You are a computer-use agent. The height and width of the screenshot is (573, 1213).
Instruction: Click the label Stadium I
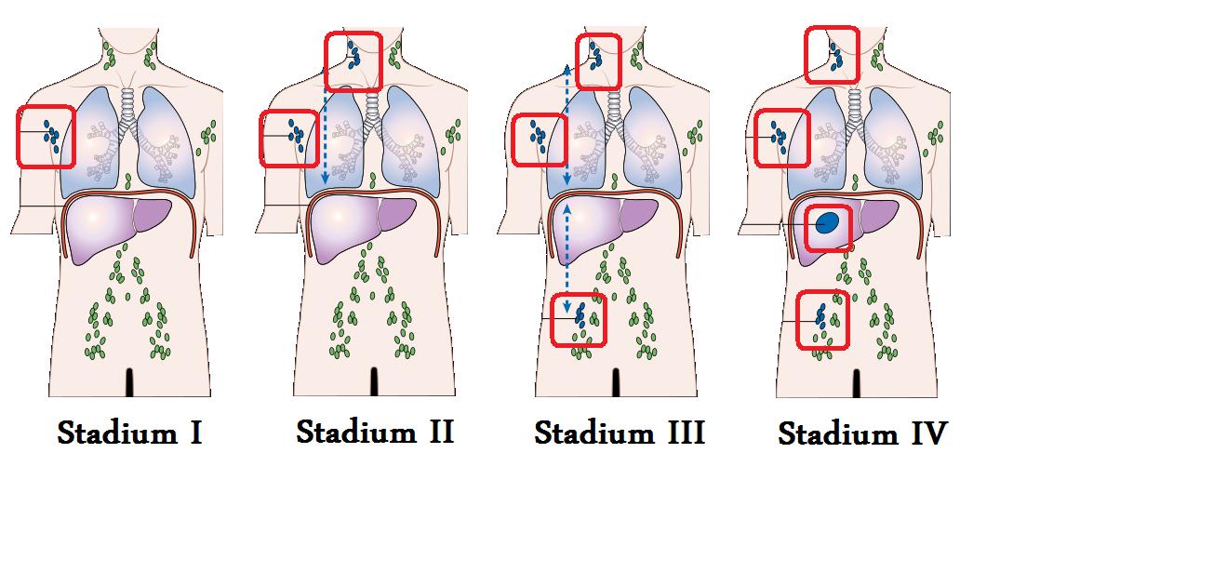click(130, 433)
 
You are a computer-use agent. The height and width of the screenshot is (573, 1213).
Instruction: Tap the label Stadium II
click(375, 432)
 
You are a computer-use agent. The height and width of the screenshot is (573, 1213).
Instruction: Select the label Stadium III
click(620, 433)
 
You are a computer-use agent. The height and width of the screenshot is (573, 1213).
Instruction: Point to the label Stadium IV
click(862, 433)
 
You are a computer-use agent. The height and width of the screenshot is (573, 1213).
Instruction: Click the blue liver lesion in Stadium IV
click(828, 222)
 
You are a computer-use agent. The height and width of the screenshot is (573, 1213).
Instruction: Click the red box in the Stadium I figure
click(18, 137)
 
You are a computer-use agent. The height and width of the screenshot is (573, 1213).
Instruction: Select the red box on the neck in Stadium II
click(327, 61)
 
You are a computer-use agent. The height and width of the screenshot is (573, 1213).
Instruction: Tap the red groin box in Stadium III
click(552, 320)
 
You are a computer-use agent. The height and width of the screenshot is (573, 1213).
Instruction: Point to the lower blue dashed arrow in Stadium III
click(567, 259)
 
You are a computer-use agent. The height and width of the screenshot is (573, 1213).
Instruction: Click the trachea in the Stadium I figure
click(127, 106)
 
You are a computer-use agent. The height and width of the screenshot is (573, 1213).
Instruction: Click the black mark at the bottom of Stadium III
click(616, 382)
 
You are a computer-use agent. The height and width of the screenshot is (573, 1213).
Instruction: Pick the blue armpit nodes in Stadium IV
click(779, 137)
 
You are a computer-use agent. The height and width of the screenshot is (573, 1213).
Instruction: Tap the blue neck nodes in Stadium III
click(595, 56)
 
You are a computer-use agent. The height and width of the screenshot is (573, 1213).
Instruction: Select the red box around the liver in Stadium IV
click(806, 229)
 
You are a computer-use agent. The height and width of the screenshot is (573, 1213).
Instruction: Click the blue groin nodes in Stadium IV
click(821, 317)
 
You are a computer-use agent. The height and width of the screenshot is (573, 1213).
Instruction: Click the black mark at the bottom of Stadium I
click(130, 382)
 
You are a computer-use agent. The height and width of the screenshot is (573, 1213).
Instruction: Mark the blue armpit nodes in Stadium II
click(297, 135)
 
